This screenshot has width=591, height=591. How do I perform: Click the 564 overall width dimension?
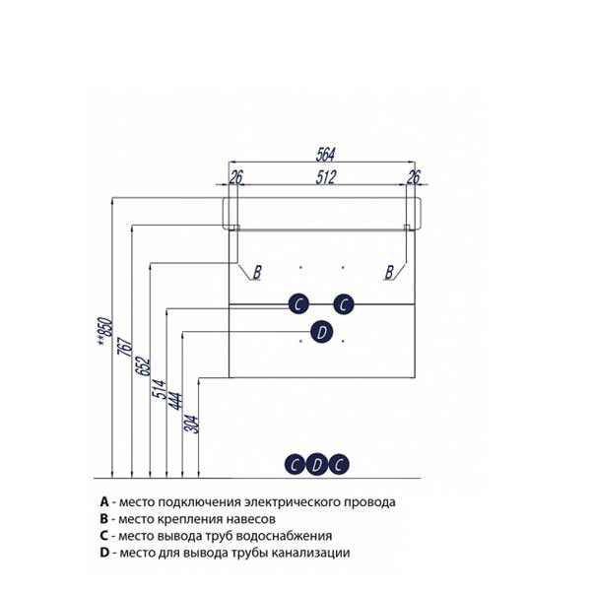coord(325,154)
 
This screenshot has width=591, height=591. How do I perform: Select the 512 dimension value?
coord(325,176)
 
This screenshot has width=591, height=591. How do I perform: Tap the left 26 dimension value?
coord(236,176)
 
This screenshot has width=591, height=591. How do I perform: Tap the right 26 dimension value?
coord(414,176)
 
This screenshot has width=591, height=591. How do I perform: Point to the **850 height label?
coord(104,331)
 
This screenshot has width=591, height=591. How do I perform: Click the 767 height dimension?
coord(125,347)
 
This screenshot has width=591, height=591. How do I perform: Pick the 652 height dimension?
coord(143,366)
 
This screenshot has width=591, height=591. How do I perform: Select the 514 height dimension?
coord(159,389)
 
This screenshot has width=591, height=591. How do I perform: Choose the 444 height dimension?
coord(175,401)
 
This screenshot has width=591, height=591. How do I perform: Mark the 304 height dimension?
coord(191,425)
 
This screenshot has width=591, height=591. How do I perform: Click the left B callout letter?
coord(257,272)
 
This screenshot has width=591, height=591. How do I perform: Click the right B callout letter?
coord(389,272)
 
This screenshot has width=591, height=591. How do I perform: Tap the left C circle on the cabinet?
coord(298,303)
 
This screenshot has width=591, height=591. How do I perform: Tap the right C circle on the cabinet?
coord(344,303)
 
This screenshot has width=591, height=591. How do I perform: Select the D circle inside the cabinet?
coord(321,333)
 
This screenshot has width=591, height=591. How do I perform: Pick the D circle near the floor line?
coord(316,464)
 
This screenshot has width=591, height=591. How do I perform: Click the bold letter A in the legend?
coord(104,501)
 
